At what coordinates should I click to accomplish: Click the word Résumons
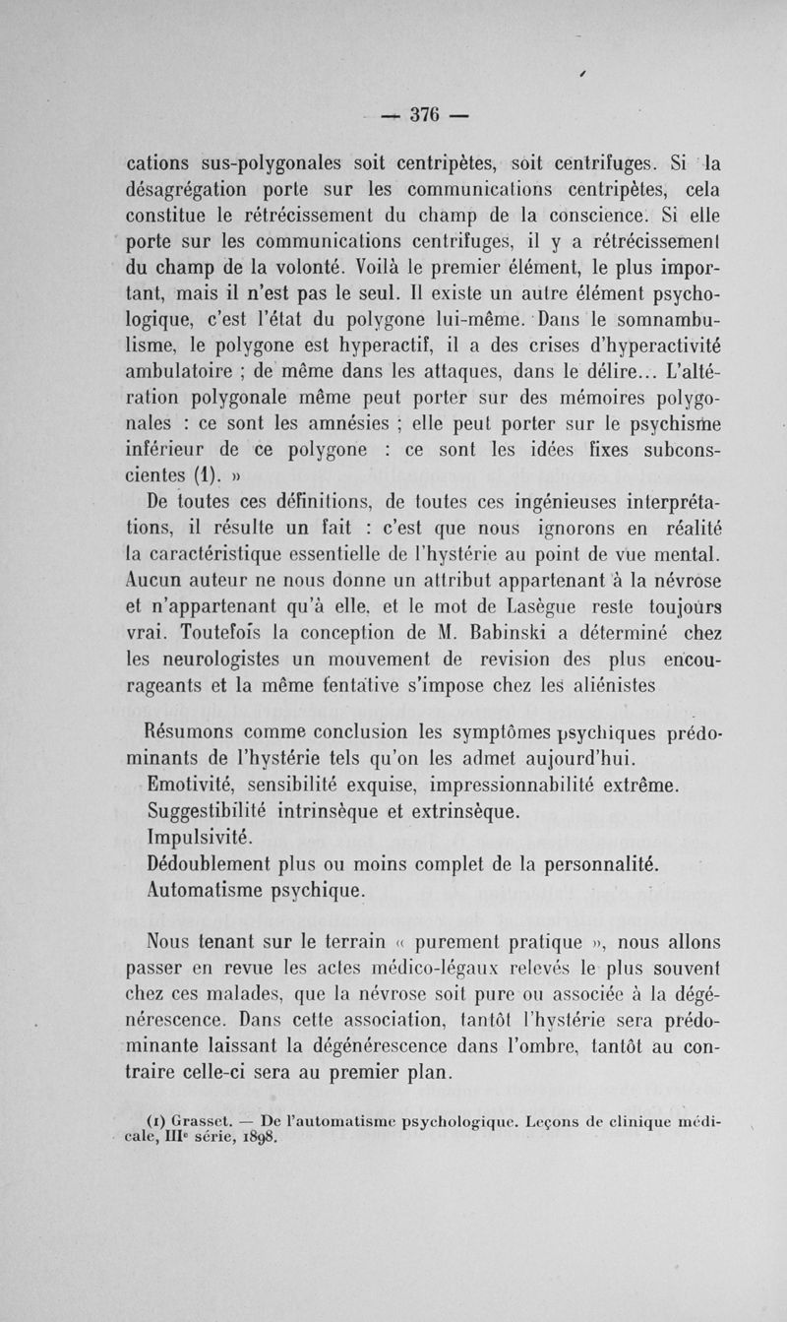tap(199, 733)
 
